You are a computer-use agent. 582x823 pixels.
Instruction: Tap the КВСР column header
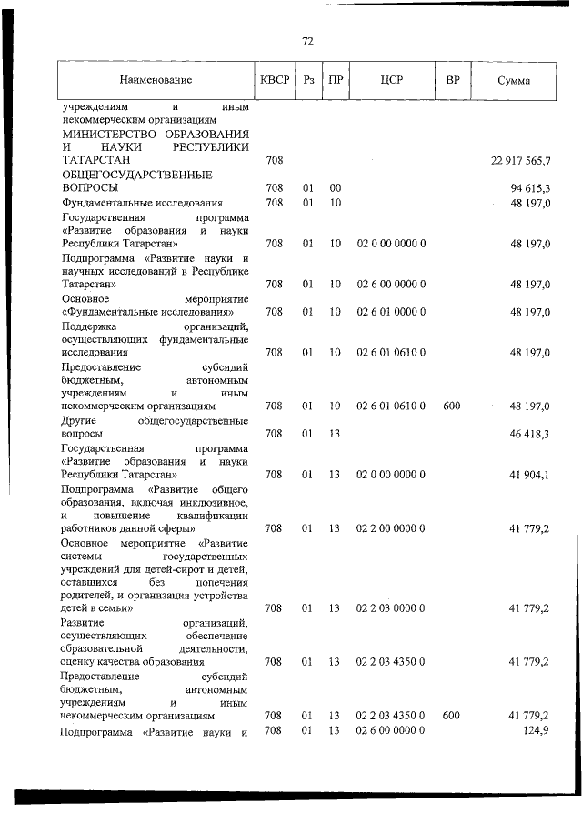click(274, 80)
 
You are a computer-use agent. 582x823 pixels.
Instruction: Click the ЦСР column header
click(392, 80)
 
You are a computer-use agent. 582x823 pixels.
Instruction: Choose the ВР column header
click(452, 80)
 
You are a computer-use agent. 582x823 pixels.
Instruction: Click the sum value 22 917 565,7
click(520, 161)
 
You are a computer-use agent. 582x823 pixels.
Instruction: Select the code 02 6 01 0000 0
click(391, 312)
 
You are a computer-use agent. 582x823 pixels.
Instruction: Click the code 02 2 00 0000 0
click(391, 527)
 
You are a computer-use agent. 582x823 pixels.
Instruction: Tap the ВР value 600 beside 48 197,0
click(451, 405)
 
